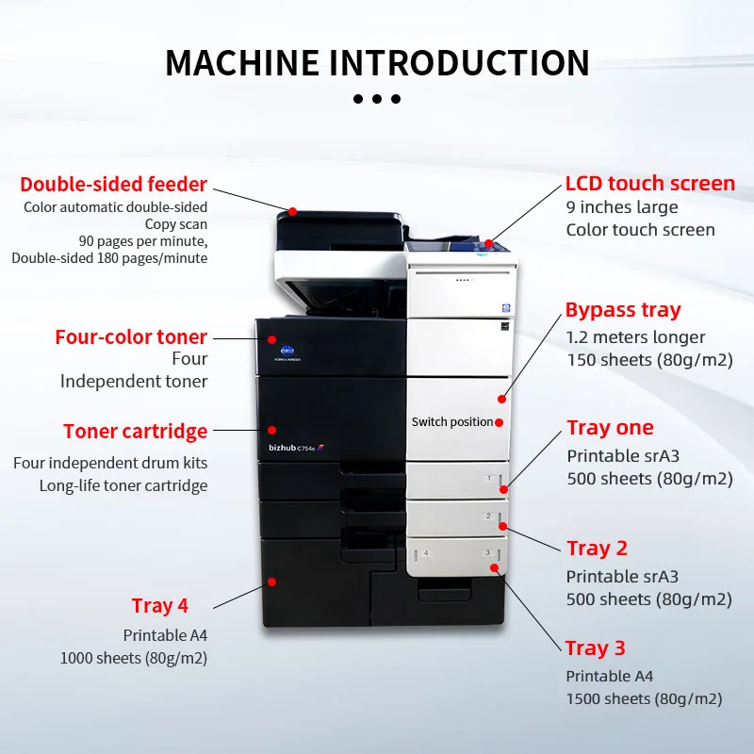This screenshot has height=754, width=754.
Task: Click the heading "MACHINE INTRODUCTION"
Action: (377, 62)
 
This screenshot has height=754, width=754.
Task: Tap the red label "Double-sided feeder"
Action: (113, 184)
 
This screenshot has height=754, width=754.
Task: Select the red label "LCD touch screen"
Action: (650, 183)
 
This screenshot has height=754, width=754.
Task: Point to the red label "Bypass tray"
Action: (623, 310)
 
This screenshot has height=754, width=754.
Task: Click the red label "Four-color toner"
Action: (131, 336)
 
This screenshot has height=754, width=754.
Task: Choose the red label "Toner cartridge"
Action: (135, 432)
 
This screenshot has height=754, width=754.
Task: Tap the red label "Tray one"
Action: (610, 428)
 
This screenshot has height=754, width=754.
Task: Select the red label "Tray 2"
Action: (597, 548)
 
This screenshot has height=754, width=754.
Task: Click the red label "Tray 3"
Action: (595, 647)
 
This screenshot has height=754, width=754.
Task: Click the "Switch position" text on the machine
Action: (451, 422)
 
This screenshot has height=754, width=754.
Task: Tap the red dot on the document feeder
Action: (293, 211)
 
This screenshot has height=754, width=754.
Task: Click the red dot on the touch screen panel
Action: (489, 243)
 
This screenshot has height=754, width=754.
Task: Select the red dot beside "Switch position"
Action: (500, 422)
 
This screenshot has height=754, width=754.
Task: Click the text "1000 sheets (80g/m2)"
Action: (134, 658)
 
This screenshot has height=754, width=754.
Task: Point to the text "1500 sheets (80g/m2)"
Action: (644, 698)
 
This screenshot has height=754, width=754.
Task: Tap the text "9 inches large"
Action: (622, 207)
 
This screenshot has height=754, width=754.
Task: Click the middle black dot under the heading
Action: (377, 99)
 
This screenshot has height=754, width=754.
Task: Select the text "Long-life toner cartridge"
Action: (123, 486)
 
